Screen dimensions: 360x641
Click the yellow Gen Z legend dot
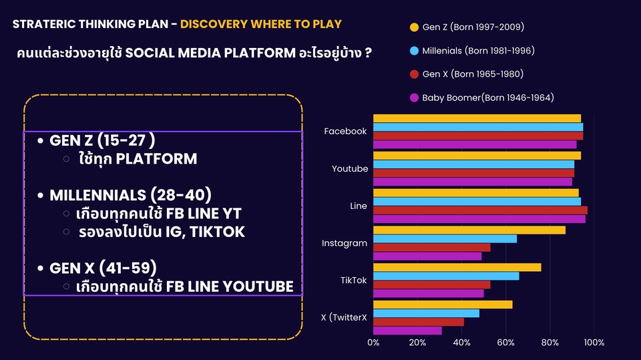pyautogui.click(x=414, y=27)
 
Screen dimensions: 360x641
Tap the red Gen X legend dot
pyautogui.click(x=414, y=74)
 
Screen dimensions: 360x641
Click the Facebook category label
pyautogui.click(x=345, y=131)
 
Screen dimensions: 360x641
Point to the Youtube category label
pyautogui.click(x=350, y=168)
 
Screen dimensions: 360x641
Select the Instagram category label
pyautogui.click(x=345, y=243)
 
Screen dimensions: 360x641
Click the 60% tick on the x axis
pyautogui.click(x=505, y=343)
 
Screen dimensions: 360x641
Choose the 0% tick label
pyautogui.click(x=373, y=343)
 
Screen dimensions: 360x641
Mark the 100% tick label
pyautogui.click(x=594, y=343)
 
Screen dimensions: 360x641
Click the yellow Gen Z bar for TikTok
pyautogui.click(x=457, y=267)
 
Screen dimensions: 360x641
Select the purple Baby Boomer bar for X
pyautogui.click(x=407, y=331)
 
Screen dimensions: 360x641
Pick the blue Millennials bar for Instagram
pyautogui.click(x=445, y=239)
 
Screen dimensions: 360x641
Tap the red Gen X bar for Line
pyautogui.click(x=480, y=210)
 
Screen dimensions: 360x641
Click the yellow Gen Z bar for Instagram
pyautogui.click(x=469, y=230)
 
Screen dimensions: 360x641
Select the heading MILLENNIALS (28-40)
pyautogui.click(x=130, y=195)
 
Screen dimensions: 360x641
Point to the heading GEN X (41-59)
pyautogui.click(x=103, y=268)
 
